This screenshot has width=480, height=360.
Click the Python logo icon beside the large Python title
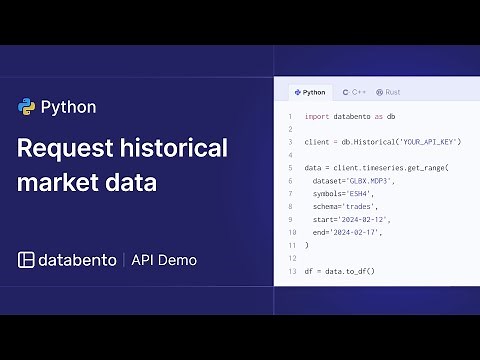coord(27,107)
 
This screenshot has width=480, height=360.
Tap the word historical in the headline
coord(174,148)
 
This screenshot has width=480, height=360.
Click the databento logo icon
coord(27,260)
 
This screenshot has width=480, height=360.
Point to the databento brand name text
coord(79,260)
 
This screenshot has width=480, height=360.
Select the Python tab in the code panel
coord(310,92)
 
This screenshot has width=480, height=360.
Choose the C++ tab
coord(354,92)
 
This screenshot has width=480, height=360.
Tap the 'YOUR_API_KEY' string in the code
coord(427,142)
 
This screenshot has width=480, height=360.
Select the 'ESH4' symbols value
coord(367,193)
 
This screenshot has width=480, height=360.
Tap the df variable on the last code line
coord(309,271)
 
